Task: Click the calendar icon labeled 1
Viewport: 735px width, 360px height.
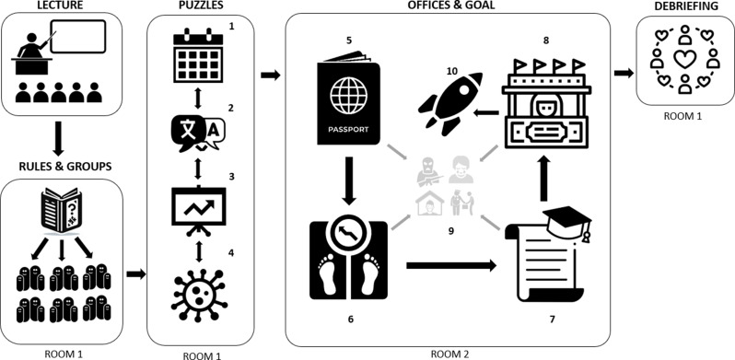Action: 197,56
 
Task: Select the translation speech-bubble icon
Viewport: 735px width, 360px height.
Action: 198,133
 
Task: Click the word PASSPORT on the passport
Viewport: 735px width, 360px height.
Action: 349,130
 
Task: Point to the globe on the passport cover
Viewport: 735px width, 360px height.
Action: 349,94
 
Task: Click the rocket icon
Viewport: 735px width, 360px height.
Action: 450,102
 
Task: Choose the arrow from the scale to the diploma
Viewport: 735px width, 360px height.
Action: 451,266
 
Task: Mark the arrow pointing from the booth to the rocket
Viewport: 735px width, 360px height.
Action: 485,112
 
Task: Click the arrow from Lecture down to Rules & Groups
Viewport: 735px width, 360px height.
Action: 58,138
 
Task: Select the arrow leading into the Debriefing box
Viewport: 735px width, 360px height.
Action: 624,73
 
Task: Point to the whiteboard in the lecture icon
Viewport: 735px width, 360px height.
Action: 78,37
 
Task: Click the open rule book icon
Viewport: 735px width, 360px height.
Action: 62,210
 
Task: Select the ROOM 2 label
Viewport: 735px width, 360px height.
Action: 449,354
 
